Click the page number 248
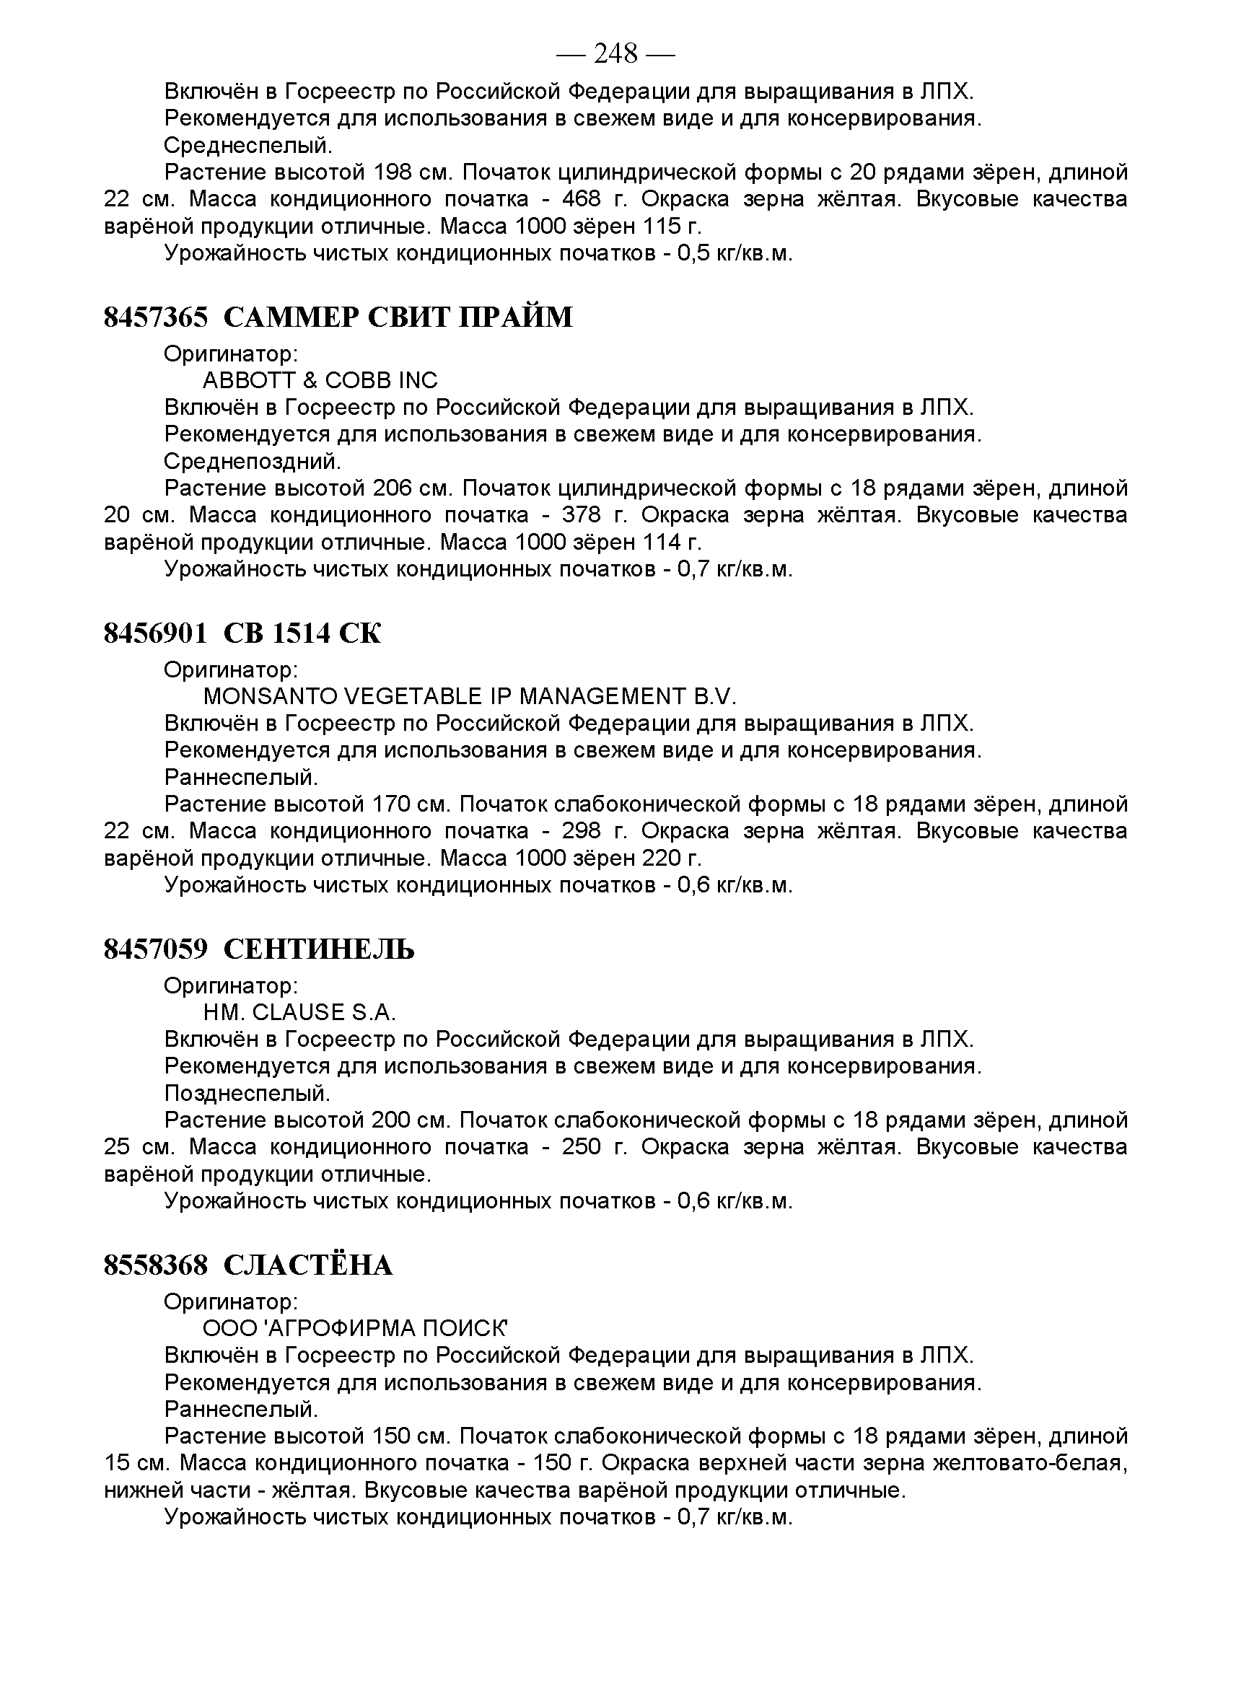(615, 53)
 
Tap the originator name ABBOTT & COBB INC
(320, 380)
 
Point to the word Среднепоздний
(253, 460)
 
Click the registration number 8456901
(155, 633)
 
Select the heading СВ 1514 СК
(303, 633)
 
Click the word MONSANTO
(271, 696)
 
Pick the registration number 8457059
(155, 949)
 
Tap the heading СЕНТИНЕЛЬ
(320, 949)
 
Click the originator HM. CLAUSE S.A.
(299, 1012)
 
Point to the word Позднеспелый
(247, 1092)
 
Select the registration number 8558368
(155, 1265)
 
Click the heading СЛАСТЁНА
(308, 1265)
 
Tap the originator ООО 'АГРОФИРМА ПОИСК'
(356, 1328)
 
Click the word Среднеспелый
(248, 145)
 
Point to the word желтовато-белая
(1029, 1463)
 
